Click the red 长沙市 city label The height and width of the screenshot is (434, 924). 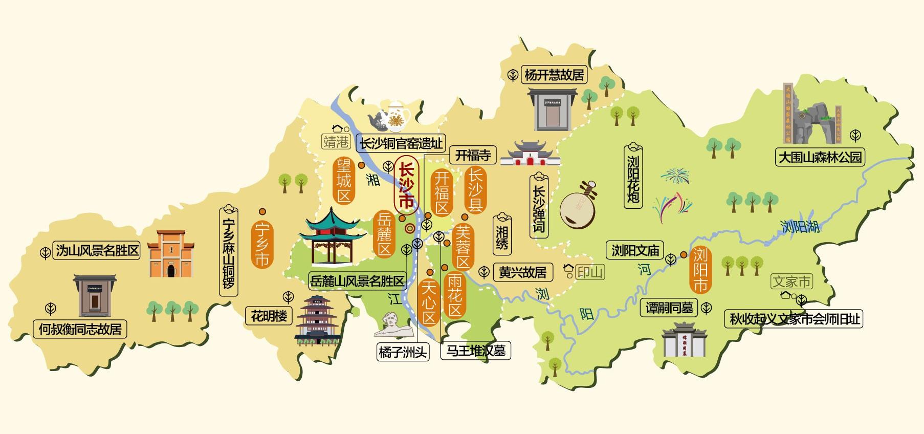(406, 185)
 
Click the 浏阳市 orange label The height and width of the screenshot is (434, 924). (700, 270)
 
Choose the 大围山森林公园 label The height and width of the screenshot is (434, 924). (820, 157)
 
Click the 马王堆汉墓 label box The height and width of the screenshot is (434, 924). (476, 351)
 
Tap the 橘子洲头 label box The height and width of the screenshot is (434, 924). (402, 352)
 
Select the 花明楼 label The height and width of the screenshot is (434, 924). (269, 316)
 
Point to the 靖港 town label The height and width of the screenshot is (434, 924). (336, 141)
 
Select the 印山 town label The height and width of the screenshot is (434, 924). (590, 272)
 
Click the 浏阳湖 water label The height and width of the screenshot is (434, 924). (801, 226)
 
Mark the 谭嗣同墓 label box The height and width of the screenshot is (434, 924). (669, 308)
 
